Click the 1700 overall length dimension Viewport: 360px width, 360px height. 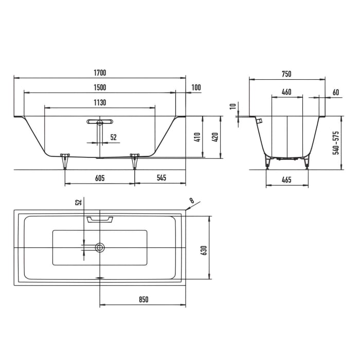(100, 73)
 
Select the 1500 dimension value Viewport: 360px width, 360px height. (100, 87)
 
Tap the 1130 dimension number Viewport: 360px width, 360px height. (100, 102)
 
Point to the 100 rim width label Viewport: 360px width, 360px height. (196, 87)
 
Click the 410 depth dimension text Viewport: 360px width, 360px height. (197, 137)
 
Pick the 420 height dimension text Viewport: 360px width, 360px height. (215, 137)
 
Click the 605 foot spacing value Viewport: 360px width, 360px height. (100, 178)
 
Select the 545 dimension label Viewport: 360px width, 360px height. (161, 177)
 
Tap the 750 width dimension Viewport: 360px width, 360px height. (286, 74)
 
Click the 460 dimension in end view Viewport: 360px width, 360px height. (286, 92)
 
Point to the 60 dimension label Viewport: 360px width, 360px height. (336, 92)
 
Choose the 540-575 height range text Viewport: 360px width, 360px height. (336, 143)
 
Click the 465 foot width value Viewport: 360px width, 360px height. (286, 180)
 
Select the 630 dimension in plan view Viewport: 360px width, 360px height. (204, 250)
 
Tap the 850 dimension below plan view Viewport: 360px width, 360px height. (143, 299)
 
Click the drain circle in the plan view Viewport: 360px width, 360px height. (100, 247)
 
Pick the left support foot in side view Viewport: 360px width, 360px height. (65, 161)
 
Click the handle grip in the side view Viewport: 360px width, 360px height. (100, 122)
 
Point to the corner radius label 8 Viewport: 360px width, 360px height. (191, 201)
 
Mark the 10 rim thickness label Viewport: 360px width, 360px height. (233, 106)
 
